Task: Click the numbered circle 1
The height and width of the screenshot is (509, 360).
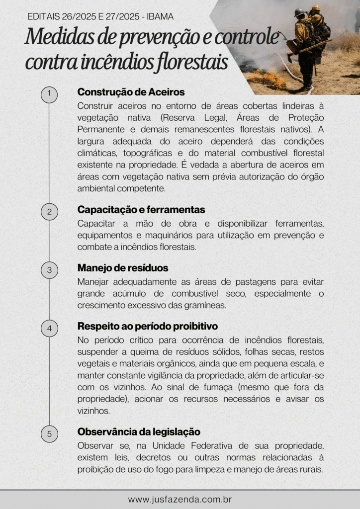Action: point(49,94)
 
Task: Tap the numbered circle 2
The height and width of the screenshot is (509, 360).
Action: point(49,212)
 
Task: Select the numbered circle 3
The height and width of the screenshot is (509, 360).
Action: point(49,270)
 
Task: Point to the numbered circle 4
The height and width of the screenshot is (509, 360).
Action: point(49,328)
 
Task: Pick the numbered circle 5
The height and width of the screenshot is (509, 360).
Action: point(49,434)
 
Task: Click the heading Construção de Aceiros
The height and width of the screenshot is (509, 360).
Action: point(131,92)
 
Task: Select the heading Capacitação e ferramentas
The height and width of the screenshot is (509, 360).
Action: point(141,210)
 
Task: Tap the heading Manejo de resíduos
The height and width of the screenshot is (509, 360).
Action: point(123,268)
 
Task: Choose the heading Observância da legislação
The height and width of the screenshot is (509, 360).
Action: point(139,432)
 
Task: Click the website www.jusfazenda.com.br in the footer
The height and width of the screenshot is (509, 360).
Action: point(180,499)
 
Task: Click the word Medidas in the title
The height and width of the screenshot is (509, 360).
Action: point(54,37)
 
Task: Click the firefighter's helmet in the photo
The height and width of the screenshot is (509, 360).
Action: point(300,12)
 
